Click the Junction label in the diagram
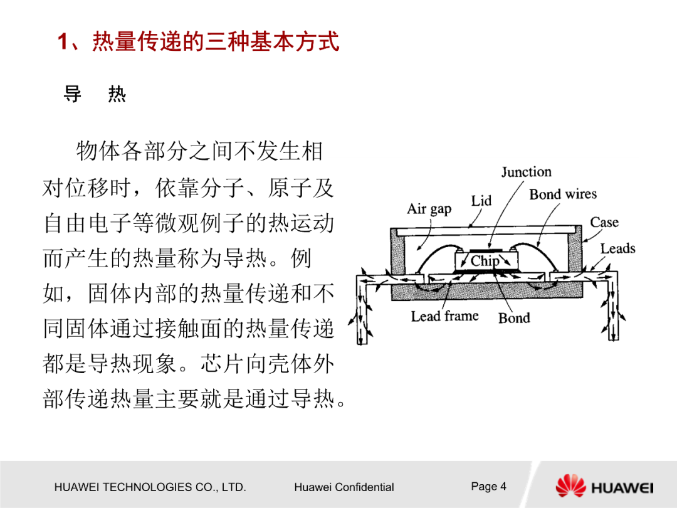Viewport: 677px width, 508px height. point(526,172)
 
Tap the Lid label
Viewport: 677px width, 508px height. point(481,201)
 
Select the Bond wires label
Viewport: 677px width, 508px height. point(563,194)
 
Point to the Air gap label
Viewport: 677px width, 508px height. point(429,209)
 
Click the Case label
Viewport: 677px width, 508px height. point(604,223)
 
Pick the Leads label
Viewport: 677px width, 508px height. point(617,248)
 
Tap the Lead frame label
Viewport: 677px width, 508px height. point(444,316)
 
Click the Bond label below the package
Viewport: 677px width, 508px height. point(514,318)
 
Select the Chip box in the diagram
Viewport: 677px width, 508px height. point(485,260)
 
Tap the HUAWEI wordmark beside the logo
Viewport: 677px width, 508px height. point(622,488)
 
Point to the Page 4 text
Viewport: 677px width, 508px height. point(488,486)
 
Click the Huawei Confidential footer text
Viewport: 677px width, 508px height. point(344,487)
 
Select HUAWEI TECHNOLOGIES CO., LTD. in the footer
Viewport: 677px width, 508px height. point(150,487)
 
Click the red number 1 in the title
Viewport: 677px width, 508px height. point(63,43)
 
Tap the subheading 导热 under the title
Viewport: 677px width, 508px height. point(95,95)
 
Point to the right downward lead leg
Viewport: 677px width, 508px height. point(612,307)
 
